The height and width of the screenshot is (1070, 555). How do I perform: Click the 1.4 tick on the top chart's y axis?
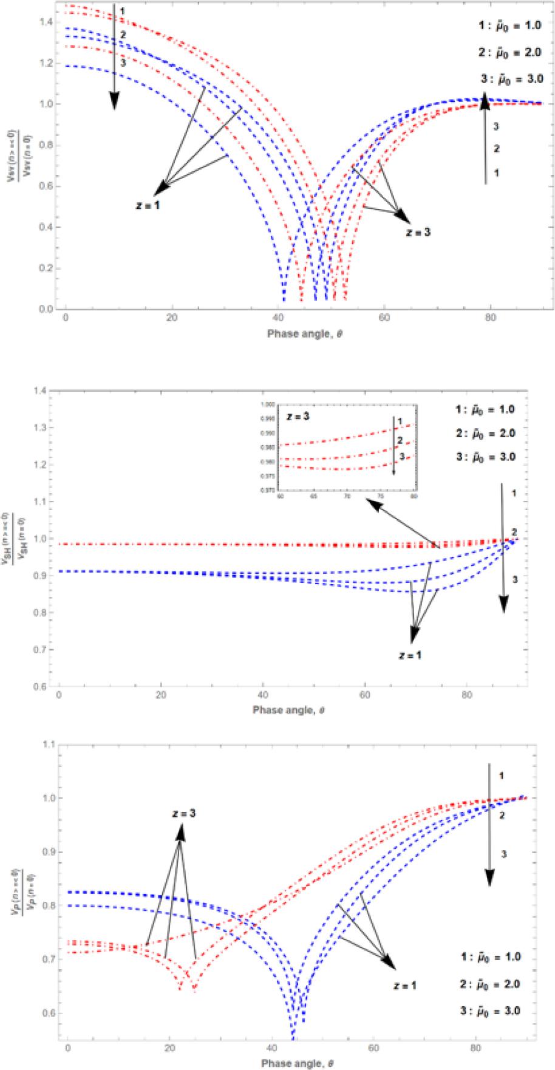pos(46,22)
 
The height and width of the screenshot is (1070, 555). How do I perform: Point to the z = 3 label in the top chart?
pos(418,231)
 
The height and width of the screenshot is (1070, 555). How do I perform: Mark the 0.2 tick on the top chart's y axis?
pos(46,268)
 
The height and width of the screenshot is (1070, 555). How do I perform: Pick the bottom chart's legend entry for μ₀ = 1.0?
pos(490,957)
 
